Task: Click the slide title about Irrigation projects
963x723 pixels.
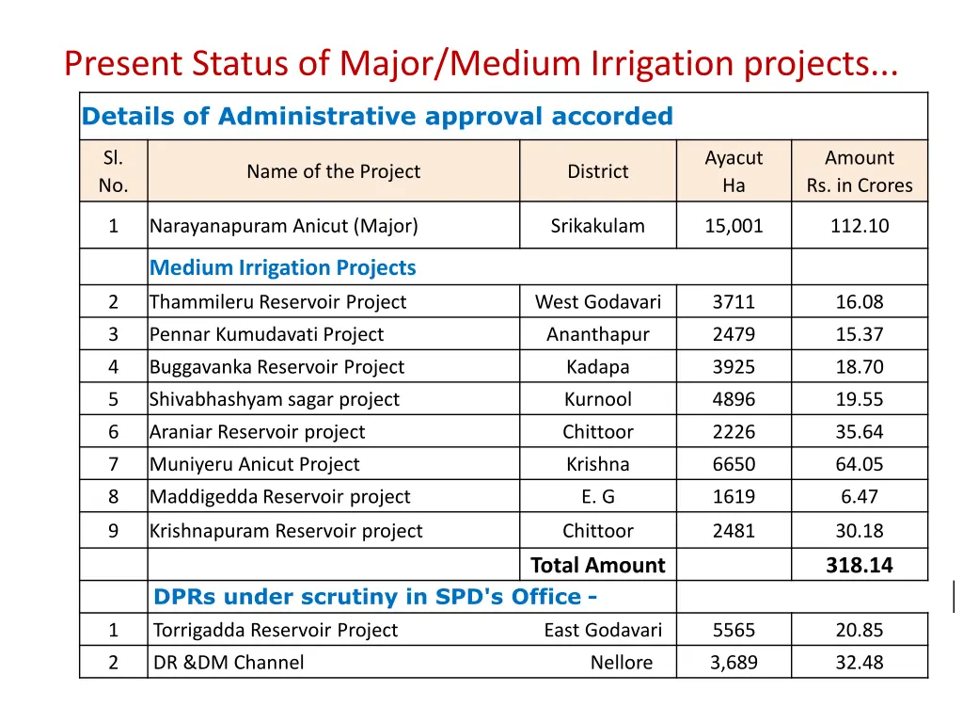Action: click(481, 64)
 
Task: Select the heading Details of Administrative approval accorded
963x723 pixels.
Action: click(377, 117)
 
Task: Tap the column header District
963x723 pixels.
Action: click(597, 171)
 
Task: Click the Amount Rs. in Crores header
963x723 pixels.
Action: click(859, 171)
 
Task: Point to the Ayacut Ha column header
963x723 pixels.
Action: click(734, 171)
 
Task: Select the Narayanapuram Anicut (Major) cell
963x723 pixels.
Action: click(284, 226)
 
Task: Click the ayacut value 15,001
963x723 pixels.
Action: click(734, 226)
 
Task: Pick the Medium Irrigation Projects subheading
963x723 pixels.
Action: click(283, 268)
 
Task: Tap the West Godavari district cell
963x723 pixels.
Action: click(597, 302)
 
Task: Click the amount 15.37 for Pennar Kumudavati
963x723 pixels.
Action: click(859, 334)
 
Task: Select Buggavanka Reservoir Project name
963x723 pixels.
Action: click(277, 367)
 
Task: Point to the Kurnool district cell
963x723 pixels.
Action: click(597, 399)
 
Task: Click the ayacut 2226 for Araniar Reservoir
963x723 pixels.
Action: click(734, 432)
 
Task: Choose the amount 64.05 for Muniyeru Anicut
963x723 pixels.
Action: click(859, 464)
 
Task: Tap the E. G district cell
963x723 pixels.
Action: click(597, 497)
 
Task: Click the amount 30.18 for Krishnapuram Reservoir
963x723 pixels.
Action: click(859, 531)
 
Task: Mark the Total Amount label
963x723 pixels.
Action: click(597, 566)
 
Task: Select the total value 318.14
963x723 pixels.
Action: click(859, 566)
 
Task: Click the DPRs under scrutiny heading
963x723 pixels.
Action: click(375, 597)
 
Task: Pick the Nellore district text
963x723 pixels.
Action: click(621, 663)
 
